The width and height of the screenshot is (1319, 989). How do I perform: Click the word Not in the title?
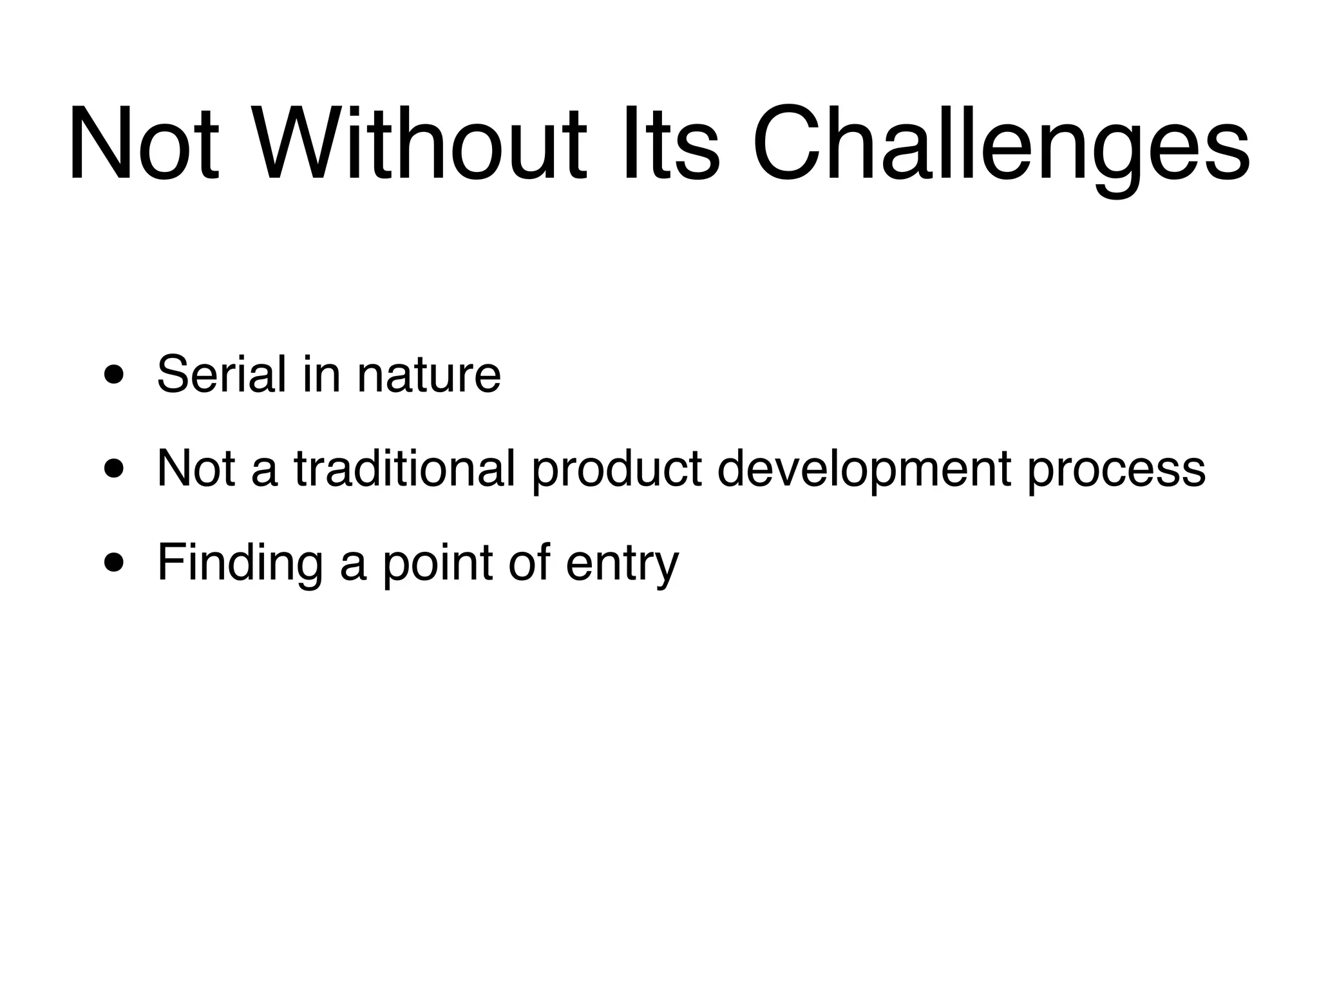[144, 144]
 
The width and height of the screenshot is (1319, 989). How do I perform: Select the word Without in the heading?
[421, 144]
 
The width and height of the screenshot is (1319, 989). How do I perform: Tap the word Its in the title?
[669, 144]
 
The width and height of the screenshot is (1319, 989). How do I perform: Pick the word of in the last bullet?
[529, 562]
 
